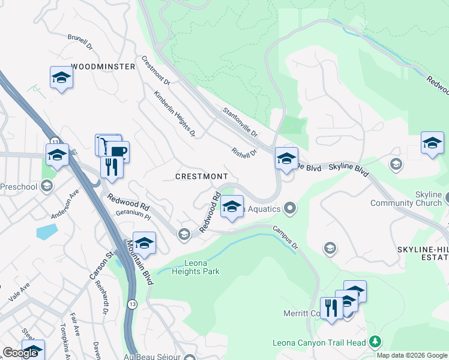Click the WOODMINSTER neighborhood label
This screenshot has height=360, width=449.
[x=103, y=67]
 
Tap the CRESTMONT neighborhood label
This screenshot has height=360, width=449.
[x=202, y=176]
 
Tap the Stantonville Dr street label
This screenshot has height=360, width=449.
[x=240, y=122]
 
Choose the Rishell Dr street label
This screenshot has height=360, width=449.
[x=244, y=153]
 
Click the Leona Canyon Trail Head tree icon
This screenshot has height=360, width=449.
[x=376, y=342]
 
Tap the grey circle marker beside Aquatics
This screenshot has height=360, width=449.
[x=291, y=208]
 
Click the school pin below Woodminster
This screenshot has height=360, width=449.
[x=61, y=78]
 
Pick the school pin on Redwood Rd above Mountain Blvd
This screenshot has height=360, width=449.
[x=144, y=244]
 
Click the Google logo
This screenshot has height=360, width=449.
[x=20, y=353]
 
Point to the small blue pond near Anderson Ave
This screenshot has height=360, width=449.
[x=47, y=231]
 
